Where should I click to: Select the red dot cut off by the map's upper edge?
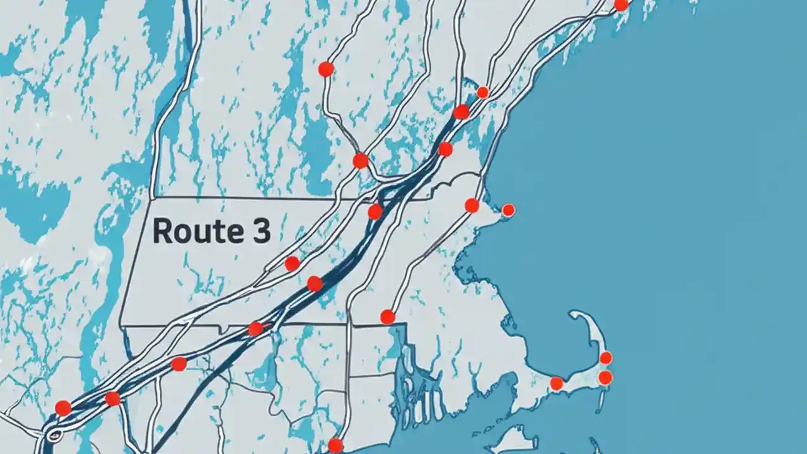pos(621,4)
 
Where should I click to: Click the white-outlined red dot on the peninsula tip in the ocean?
pos(508,210)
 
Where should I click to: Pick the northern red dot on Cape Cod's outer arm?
pos(605,358)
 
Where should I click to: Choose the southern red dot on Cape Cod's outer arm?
pos(605,378)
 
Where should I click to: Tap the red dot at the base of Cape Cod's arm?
pos(556,383)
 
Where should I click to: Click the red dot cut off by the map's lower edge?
pos(335,446)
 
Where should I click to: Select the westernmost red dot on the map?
pos(63,408)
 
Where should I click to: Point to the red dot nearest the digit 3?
pos(292,264)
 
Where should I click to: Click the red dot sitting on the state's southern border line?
pos(255,329)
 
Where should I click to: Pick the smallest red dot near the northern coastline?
pos(482,93)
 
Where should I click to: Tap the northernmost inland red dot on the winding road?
pos(325,69)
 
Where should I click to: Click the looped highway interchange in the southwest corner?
pos(54,434)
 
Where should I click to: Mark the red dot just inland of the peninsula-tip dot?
pos(472,205)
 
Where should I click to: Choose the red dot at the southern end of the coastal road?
pos(387,317)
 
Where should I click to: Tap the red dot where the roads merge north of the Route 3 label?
pos(360,161)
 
